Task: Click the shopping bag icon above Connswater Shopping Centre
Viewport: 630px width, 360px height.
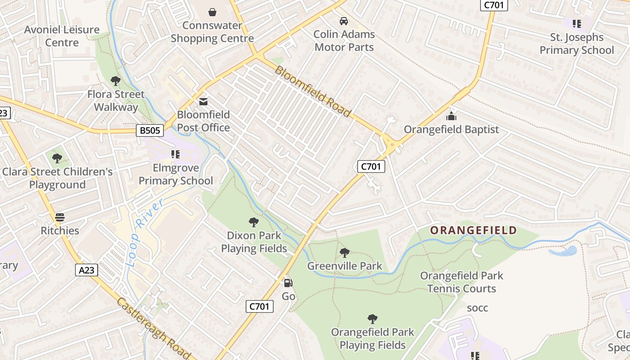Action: (212, 12)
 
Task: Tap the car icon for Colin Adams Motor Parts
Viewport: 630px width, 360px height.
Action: (344, 21)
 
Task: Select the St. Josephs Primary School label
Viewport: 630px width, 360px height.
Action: (576, 44)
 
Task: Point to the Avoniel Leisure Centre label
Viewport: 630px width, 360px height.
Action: (62, 36)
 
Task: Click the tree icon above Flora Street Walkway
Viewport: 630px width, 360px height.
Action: (116, 81)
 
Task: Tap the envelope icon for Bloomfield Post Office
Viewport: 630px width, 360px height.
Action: (203, 101)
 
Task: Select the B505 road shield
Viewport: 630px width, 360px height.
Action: (150, 130)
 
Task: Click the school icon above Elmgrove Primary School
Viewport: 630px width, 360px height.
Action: (175, 155)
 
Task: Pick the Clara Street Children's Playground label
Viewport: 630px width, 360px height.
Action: (57, 178)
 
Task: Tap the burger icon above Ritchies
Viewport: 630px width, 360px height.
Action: (60, 217)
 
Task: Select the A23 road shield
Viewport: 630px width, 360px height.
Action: (87, 270)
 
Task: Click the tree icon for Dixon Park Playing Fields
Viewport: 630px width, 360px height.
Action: (254, 222)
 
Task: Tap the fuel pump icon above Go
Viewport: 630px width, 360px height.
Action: (288, 283)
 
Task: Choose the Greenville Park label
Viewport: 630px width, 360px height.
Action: (345, 266)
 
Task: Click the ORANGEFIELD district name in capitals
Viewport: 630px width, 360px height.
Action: (473, 230)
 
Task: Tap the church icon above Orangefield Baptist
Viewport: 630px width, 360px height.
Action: (451, 117)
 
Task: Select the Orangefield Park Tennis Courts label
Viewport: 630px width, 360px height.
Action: (461, 282)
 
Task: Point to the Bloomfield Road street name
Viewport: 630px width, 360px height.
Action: (312, 91)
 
